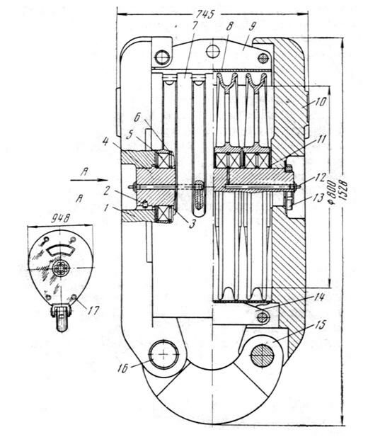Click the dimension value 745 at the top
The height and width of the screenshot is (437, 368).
click(205, 14)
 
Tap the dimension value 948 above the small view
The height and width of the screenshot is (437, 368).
click(60, 218)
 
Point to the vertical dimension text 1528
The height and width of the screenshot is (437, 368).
click(343, 191)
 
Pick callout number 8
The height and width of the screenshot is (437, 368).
click(229, 26)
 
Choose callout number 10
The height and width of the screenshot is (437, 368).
click(321, 102)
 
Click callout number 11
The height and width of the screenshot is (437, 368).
click(321, 139)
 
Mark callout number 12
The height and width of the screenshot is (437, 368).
click(321, 177)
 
